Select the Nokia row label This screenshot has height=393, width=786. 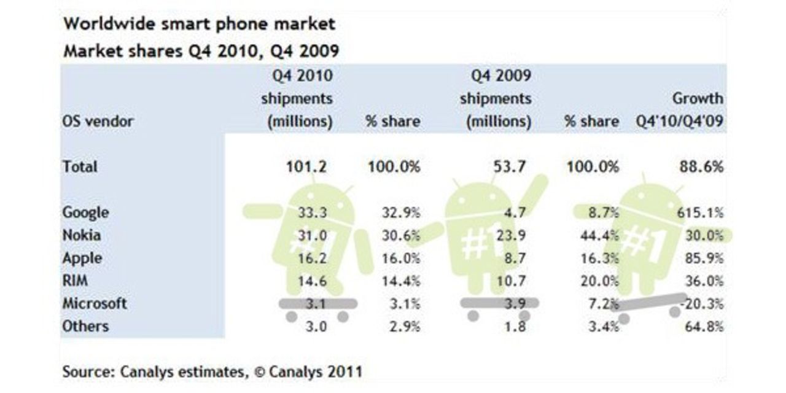pyautogui.click(x=81, y=235)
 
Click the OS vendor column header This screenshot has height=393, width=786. pyautogui.click(x=98, y=121)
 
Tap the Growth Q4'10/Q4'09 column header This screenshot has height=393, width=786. pyautogui.click(x=680, y=110)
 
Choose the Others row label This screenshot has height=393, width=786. pyautogui.click(x=85, y=326)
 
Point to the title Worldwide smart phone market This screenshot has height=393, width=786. pyautogui.click(x=200, y=25)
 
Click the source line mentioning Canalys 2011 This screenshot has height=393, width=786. pyautogui.click(x=212, y=371)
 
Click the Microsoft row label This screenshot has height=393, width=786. pyautogui.click(x=95, y=303)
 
